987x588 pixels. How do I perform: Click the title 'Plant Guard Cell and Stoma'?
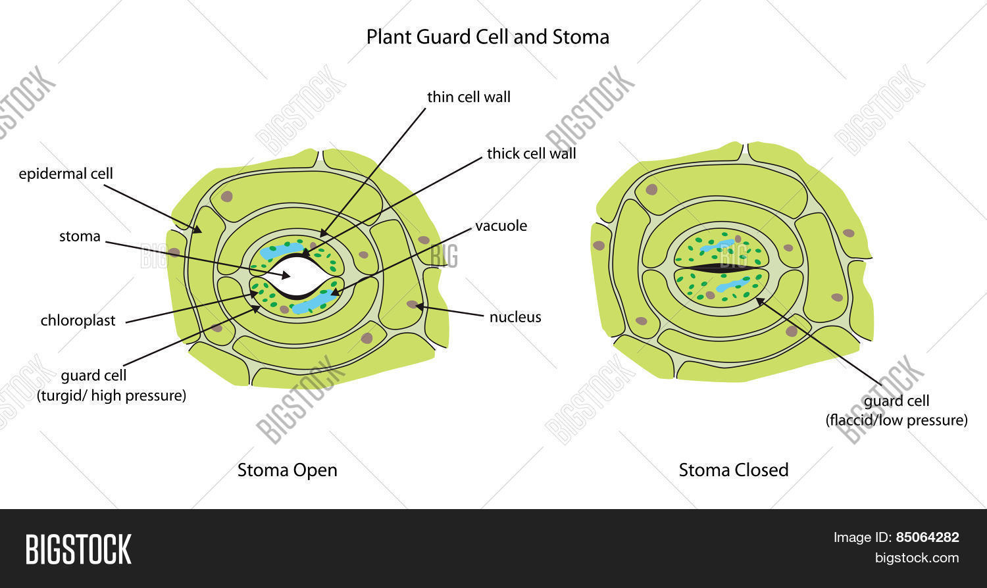(488, 37)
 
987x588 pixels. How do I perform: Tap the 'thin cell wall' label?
(468, 97)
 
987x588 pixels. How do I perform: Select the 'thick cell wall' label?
(531, 154)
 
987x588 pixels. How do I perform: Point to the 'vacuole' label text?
(501, 226)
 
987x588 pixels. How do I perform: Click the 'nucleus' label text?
(515, 317)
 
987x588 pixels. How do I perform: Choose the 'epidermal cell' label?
(66, 174)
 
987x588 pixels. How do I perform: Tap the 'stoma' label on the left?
(80, 237)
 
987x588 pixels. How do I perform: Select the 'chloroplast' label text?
(78, 321)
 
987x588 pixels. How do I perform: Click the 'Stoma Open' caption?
(287, 470)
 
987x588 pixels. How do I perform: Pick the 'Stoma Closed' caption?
(733, 470)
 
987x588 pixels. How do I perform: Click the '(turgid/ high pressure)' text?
(111, 396)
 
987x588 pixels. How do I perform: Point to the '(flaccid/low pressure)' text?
(896, 420)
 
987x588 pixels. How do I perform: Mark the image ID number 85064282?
(927, 537)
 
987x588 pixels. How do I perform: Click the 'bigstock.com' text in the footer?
(917, 558)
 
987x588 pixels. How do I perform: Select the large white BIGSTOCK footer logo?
(78, 549)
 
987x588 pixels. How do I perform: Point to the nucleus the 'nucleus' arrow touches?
(412, 305)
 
